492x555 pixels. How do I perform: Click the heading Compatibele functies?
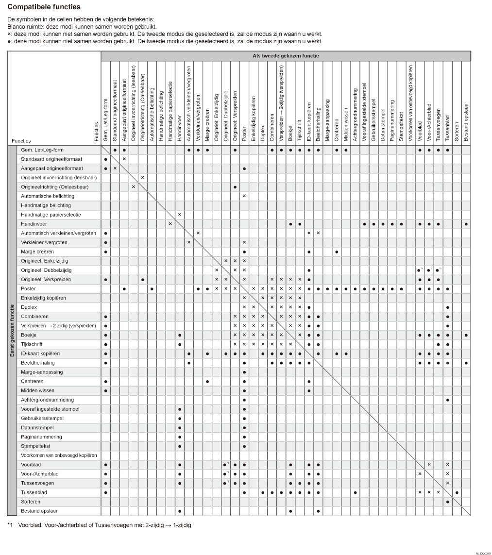pyautogui.click(x=44, y=7)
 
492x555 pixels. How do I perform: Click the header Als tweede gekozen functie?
pyautogui.click(x=286, y=56)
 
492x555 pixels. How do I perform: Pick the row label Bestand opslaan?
pyautogui.click(x=37, y=511)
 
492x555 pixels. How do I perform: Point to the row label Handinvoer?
pyautogui.click(x=32, y=224)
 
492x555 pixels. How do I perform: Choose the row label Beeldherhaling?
pyautogui.click(x=38, y=363)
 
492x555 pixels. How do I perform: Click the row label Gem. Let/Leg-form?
pyautogui.click(x=42, y=150)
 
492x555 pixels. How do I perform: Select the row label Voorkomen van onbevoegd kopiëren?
pyautogui.click(x=59, y=455)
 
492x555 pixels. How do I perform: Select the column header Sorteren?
pyautogui.click(x=457, y=129)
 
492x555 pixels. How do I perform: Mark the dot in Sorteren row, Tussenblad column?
pyautogui.click(x=448, y=502)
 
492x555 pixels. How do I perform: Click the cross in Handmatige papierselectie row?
pyautogui.click(x=179, y=215)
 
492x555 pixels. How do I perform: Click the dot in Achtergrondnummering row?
pyautogui.click(x=448, y=400)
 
